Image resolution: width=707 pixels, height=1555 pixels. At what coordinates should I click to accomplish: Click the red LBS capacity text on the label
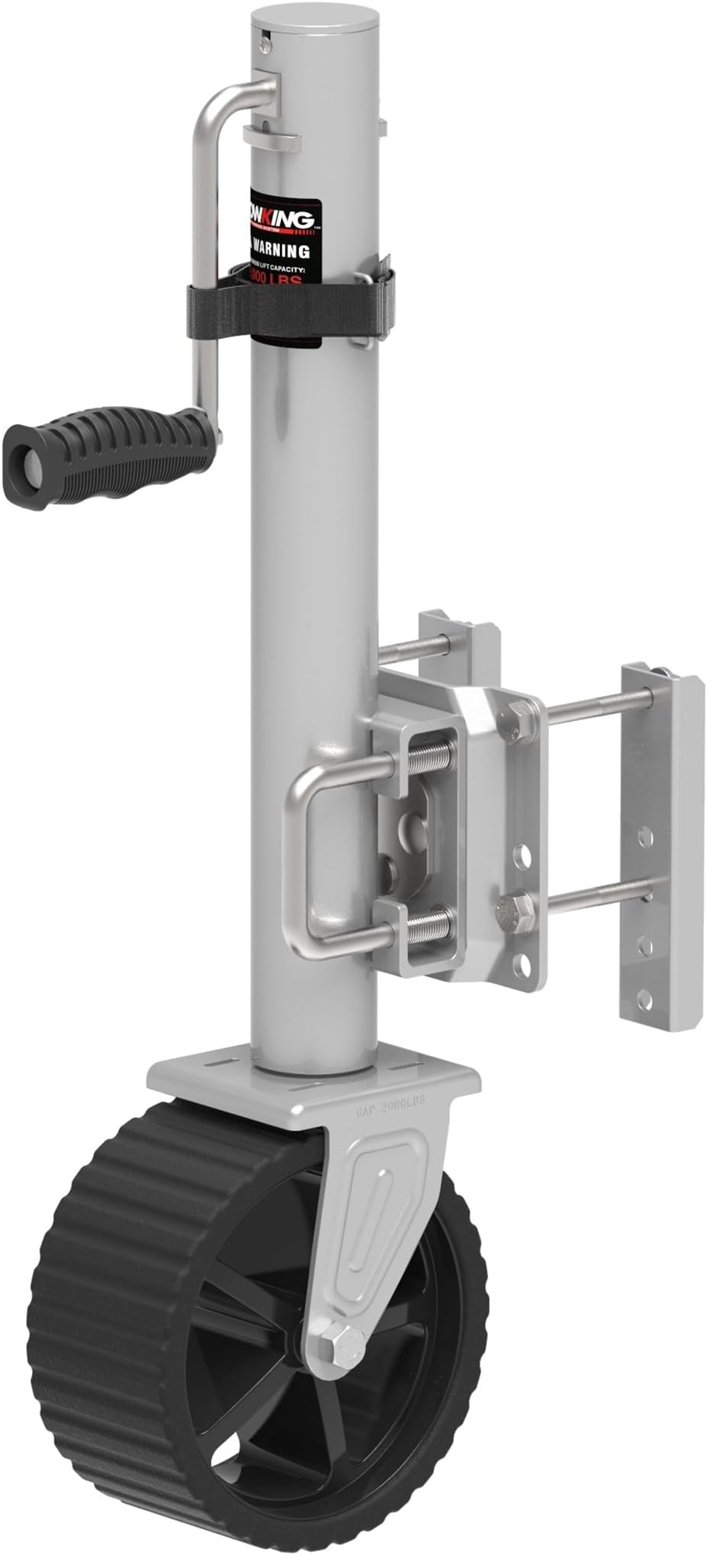(x=279, y=278)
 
